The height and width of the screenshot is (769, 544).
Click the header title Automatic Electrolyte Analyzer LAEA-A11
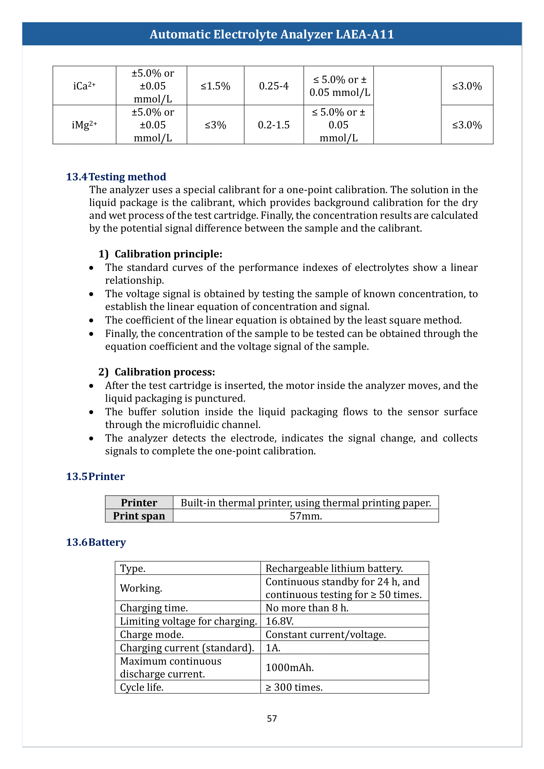pyautogui.click(x=272, y=34)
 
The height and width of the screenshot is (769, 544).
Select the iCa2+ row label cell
pyautogui.click(x=85, y=86)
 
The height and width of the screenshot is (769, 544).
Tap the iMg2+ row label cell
pyautogui.click(x=85, y=125)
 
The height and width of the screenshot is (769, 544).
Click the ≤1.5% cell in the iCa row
pyautogui.click(x=215, y=86)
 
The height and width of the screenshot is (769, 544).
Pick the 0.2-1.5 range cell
pyautogui.click(x=274, y=125)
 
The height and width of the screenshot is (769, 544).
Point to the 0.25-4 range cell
pyautogui.click(x=274, y=86)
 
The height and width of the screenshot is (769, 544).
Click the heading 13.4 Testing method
pyautogui.click(x=116, y=177)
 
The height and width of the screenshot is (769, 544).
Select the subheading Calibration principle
pyautogui.click(x=168, y=254)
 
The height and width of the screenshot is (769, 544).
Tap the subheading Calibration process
pyautogui.click(x=164, y=372)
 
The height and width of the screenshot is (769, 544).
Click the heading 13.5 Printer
pyautogui.click(x=95, y=476)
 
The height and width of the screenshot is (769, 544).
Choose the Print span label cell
pyautogui.click(x=139, y=516)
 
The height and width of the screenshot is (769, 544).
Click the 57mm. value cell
pyautogui.click(x=306, y=516)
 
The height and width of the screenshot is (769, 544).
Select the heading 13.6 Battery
pyautogui.click(x=96, y=542)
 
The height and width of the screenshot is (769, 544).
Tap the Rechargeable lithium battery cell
pyautogui.click(x=334, y=568)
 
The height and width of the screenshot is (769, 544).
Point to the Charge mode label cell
pyautogui.click(x=152, y=634)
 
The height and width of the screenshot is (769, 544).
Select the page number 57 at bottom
pyautogui.click(x=272, y=718)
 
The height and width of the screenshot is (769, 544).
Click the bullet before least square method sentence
pyautogui.click(x=91, y=321)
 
